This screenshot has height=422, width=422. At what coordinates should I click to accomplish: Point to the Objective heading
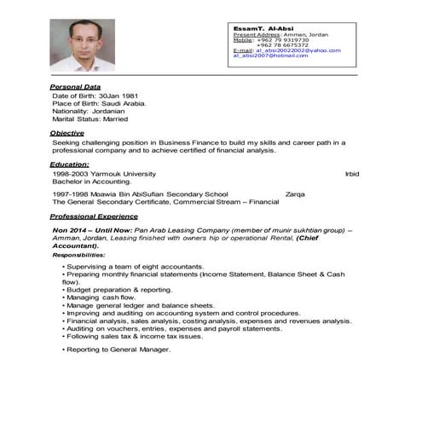tap(67, 134)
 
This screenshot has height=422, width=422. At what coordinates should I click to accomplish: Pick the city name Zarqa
tap(297, 194)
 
